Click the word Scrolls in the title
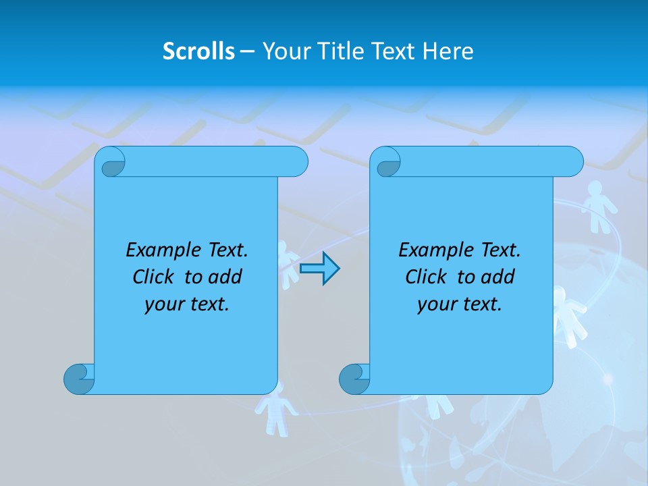point(198,51)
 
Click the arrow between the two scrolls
point(319,269)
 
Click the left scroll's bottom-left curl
point(78,379)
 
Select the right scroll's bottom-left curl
point(354,379)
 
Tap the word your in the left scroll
point(163,305)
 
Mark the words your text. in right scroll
point(460,305)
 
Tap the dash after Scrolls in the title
point(248,51)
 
